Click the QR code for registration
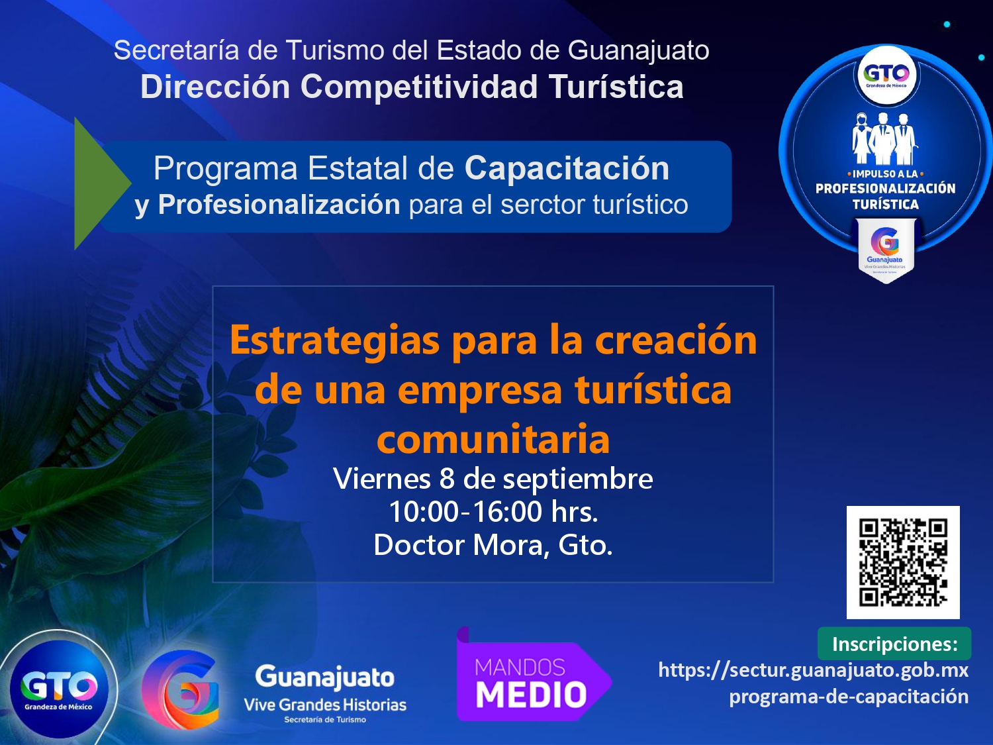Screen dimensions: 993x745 click(903, 562)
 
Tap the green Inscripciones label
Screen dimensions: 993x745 click(894, 644)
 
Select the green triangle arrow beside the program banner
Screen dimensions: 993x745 click(103, 183)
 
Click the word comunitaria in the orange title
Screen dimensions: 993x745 click(493, 438)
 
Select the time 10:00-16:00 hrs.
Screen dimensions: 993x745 click(493, 512)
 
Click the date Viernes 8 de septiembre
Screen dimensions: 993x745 click(493, 478)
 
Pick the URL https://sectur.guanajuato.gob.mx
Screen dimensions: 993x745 click(814, 670)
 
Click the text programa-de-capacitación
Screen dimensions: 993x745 click(849, 697)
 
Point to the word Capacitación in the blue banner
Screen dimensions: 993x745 click(567, 169)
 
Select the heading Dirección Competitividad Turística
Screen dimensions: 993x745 click(412, 87)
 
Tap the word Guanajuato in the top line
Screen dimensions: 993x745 click(638, 51)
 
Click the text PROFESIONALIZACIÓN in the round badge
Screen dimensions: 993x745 click(885, 189)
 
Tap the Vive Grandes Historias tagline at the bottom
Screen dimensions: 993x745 click(325, 705)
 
